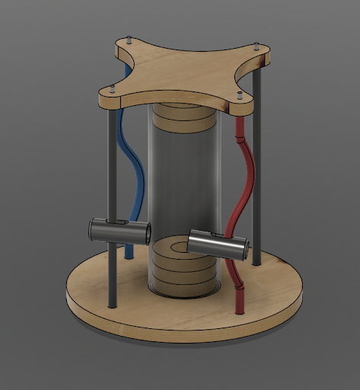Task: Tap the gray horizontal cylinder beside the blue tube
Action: (x=120, y=229)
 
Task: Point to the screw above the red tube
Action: (x=240, y=96)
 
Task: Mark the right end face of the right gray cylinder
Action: (x=245, y=248)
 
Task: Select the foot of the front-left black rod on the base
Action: (x=113, y=304)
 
